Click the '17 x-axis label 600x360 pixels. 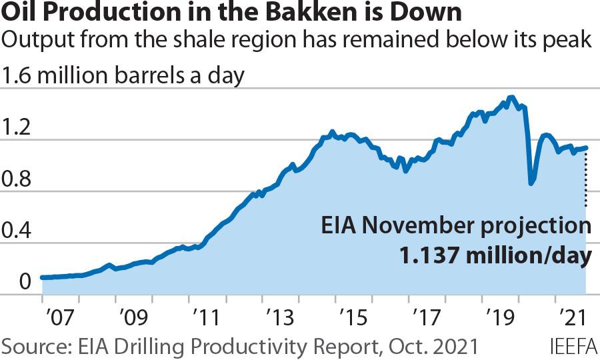424,315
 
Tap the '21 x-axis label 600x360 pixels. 569,315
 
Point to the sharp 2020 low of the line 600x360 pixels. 531,183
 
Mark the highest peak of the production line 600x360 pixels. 511,97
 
